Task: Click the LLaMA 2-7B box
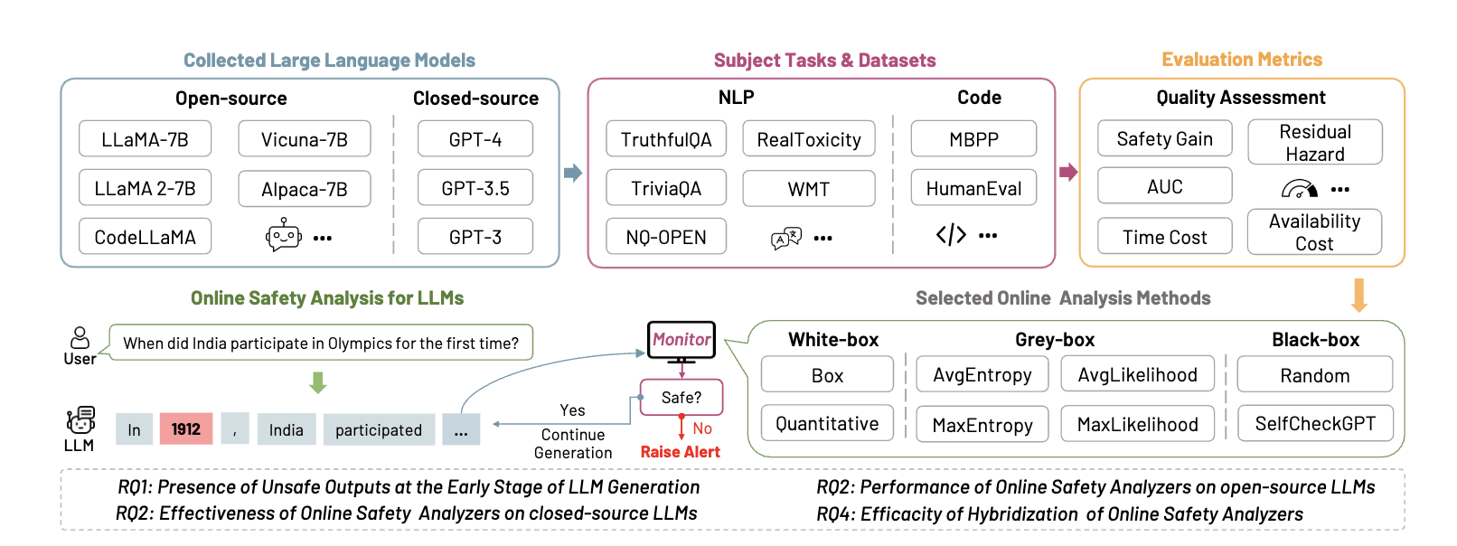pyautogui.click(x=145, y=188)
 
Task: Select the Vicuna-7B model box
pyautogui.click(x=305, y=139)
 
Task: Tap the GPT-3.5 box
pyautogui.click(x=475, y=188)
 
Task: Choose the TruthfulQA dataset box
pyautogui.click(x=666, y=139)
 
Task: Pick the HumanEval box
pyautogui.click(x=973, y=188)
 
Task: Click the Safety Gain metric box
pyautogui.click(x=1164, y=138)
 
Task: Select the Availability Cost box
pyautogui.click(x=1314, y=232)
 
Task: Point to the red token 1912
pyautogui.click(x=186, y=429)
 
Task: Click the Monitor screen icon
pyautogui.click(x=681, y=341)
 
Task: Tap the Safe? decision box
pyautogui.click(x=681, y=398)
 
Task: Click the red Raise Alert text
pyautogui.click(x=680, y=452)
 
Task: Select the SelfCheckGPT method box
pyautogui.click(x=1315, y=423)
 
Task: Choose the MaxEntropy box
pyautogui.click(x=982, y=424)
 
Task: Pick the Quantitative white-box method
pyautogui.click(x=827, y=423)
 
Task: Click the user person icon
pyautogui.click(x=80, y=338)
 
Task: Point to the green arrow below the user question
pyautogui.click(x=317, y=382)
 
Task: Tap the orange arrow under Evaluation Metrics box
pyautogui.click(x=1358, y=295)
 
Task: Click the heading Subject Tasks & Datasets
pyautogui.click(x=824, y=61)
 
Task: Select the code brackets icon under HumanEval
pyautogui.click(x=951, y=236)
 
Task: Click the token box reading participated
pyautogui.click(x=379, y=429)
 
